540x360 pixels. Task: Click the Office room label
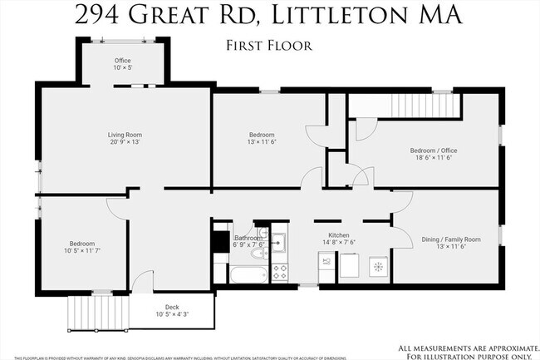tap(123, 61)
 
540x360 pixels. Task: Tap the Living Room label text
tap(125, 135)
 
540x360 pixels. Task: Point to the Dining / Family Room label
tap(449, 239)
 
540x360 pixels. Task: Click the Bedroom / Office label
tap(434, 150)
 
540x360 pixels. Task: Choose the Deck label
tap(172, 307)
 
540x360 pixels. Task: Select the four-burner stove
tap(280, 272)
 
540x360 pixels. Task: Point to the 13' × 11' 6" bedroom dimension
tap(262, 142)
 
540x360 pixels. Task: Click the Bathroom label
tap(248, 238)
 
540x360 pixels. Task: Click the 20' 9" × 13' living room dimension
tap(125, 142)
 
